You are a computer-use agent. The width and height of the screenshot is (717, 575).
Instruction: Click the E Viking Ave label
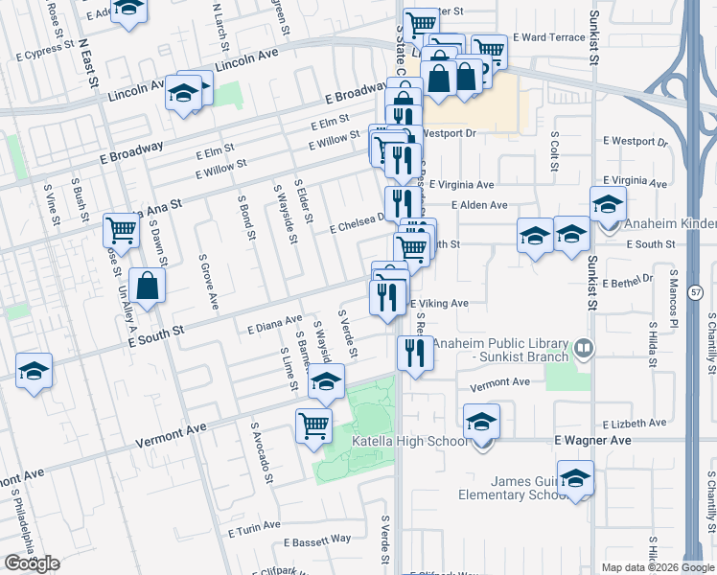pyautogui.click(x=439, y=304)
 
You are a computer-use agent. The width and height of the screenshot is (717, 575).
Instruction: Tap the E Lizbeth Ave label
pyautogui.click(x=635, y=423)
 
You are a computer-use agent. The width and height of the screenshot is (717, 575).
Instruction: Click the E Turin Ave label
pyautogui.click(x=254, y=526)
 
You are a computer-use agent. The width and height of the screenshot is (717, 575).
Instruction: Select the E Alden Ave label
pyautogui.click(x=478, y=205)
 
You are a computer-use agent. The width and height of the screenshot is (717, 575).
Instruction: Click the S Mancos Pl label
pyautogui.click(x=674, y=304)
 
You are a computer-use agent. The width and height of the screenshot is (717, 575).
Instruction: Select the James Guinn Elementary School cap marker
pyautogui.click(x=575, y=478)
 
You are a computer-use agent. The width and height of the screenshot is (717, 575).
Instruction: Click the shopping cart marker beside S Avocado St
pyautogui.click(x=314, y=426)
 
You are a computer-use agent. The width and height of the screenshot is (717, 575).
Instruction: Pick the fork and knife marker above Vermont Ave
pyautogui.click(x=415, y=354)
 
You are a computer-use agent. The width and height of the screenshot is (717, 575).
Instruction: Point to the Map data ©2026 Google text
pyautogui.click(x=657, y=567)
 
